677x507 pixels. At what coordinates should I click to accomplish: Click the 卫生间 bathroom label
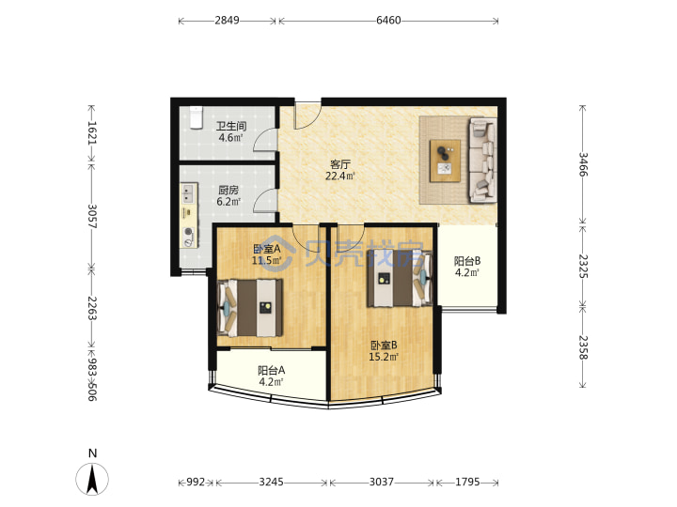(231, 127)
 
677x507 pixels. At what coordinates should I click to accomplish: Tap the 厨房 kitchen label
(228, 190)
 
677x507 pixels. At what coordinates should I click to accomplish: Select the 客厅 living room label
(340, 164)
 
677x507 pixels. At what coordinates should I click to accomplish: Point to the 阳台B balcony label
(467, 261)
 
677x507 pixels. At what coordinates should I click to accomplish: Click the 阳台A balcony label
(271, 370)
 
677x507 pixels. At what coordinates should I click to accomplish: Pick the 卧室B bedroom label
(384, 346)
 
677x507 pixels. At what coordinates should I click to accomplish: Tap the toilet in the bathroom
(196, 117)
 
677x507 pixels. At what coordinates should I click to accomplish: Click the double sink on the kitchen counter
(188, 194)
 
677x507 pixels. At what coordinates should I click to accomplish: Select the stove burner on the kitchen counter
(188, 232)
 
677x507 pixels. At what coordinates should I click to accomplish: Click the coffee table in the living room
(445, 161)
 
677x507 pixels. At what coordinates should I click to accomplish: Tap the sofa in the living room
(482, 160)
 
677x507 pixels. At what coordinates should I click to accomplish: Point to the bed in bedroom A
(250, 307)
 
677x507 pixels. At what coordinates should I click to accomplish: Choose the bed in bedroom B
(400, 279)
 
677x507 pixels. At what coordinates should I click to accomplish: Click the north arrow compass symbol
(92, 478)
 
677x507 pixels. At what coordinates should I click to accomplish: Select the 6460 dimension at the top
(388, 21)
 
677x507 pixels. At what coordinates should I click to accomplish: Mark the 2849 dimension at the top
(228, 21)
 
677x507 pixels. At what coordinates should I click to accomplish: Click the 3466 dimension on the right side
(583, 164)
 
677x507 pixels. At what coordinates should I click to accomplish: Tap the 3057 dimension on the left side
(92, 217)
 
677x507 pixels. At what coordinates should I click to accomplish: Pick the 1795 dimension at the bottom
(467, 482)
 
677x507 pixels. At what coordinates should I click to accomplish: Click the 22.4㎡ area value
(340, 176)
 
